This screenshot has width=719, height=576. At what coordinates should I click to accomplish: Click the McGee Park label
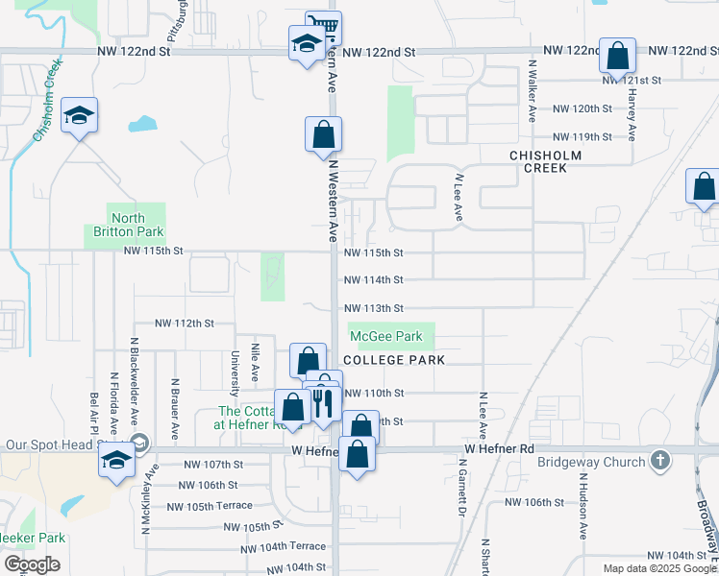pos(385,337)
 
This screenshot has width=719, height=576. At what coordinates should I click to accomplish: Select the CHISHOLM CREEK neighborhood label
pos(546,161)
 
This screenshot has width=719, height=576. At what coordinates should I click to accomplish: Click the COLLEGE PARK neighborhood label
pos(394,360)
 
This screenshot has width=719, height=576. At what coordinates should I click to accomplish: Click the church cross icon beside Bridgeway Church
pos(659,461)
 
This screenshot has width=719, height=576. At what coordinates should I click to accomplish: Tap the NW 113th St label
pos(373,308)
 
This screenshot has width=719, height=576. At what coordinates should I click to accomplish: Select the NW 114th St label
pos(373,280)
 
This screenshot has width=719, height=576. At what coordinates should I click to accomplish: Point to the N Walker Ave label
pos(532,89)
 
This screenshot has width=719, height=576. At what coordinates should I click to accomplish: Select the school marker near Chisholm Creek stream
pos(79,116)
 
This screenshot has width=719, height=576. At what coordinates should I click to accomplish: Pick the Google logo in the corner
pos(32,564)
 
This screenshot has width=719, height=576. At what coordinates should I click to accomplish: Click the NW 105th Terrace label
pos(210,506)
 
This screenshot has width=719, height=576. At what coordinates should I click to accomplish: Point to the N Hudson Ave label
pos(583,505)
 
